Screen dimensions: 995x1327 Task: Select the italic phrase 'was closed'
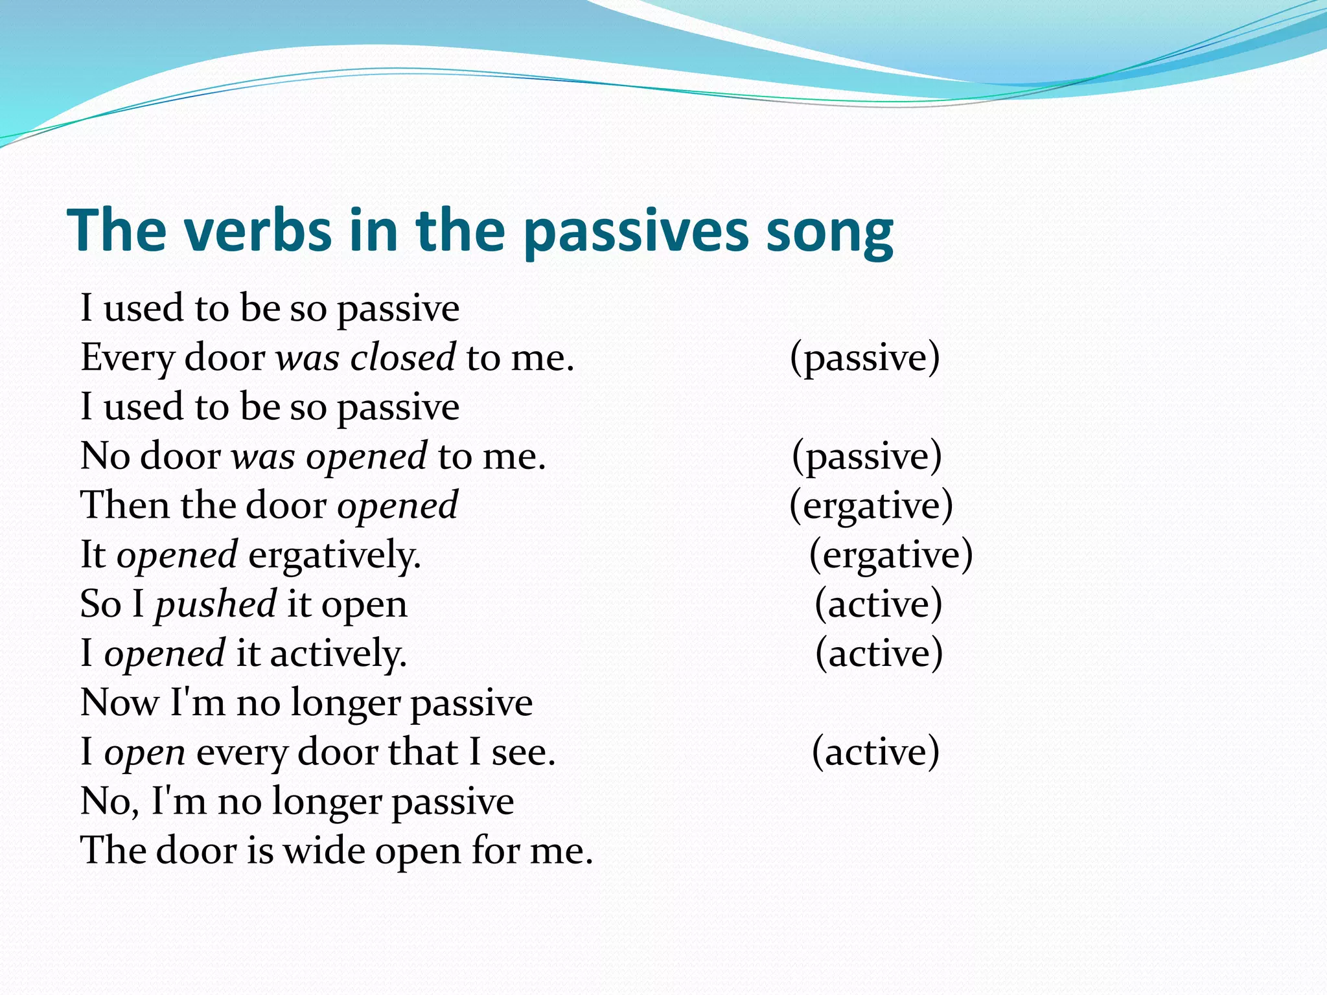pyautogui.click(x=365, y=358)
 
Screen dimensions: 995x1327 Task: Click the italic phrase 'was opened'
pyautogui.click(x=329, y=457)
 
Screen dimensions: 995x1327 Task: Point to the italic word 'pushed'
pyautogui.click(x=215, y=605)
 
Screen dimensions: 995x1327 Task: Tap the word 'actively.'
pyautogui.click(x=338, y=654)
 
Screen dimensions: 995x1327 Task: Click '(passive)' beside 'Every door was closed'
pyautogui.click(x=864, y=358)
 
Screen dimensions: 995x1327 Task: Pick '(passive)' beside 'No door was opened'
pyautogui.click(x=866, y=457)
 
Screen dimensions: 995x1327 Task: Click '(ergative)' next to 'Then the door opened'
pyautogui.click(x=871, y=506)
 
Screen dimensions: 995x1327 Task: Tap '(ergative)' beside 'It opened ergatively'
pyautogui.click(x=891, y=556)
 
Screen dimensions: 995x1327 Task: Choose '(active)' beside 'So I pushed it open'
pyautogui.click(x=878, y=605)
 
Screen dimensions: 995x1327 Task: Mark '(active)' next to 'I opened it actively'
pyautogui.click(x=879, y=654)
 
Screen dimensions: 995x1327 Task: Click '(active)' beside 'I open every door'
pyautogui.click(x=875, y=753)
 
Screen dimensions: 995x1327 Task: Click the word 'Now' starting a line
pyautogui.click(x=119, y=703)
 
